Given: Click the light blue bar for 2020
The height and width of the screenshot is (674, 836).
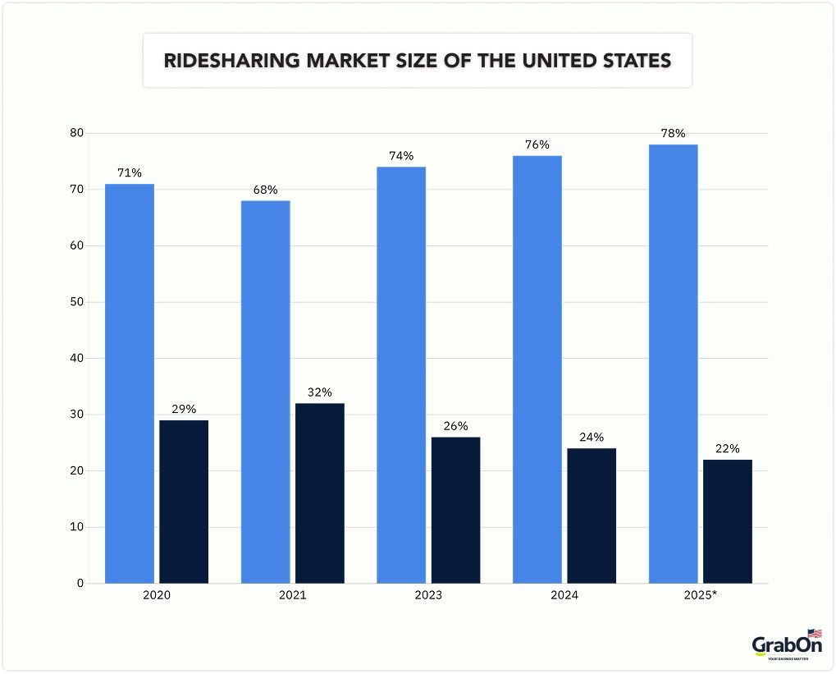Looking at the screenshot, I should (130, 383).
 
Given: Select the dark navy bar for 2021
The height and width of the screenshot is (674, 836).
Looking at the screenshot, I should (320, 493).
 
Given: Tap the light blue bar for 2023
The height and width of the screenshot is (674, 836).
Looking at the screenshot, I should (401, 375).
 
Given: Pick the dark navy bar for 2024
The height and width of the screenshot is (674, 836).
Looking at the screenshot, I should (592, 516).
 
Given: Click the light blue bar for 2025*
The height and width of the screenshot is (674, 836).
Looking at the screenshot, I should (673, 364).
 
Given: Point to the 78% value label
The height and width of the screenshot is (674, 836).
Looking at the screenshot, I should (673, 133).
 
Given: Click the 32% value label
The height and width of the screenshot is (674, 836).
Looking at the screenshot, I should (320, 392).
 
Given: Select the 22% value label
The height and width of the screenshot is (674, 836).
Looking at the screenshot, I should (727, 449).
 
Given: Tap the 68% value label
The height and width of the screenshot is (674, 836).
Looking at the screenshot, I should (266, 190).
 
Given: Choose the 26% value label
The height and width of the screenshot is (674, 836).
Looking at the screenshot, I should (455, 426).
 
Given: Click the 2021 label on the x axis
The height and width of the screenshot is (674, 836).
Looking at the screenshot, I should (292, 595).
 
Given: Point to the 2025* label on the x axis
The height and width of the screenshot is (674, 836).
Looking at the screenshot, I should (701, 595).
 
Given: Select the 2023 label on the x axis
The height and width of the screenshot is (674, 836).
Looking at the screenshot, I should (428, 595).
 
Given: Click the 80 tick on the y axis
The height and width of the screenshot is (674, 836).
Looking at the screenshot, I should (75, 133).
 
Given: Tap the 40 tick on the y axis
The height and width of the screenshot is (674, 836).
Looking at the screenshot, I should (75, 359).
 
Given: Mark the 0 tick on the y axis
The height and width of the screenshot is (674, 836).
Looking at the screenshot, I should (80, 584).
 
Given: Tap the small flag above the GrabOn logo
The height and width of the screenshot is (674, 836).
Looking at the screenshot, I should (814, 633).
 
